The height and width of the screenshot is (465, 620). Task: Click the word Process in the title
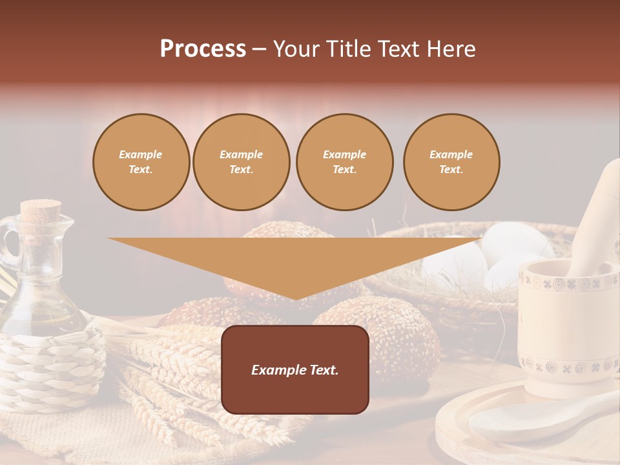coord(203,49)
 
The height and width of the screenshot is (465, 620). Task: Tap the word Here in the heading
coord(450,49)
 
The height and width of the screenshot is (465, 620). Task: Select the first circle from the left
coord(141,162)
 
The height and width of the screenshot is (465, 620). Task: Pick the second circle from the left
coord(242,162)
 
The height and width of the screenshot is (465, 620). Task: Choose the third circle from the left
coord(344,162)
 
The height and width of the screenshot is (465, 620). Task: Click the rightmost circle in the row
coord(451,162)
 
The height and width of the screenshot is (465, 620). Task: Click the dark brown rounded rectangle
coord(295,394)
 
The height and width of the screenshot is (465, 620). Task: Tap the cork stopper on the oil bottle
coord(40,211)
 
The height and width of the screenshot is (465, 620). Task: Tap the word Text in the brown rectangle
coord(322,370)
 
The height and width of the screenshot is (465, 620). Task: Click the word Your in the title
coord(296,49)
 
